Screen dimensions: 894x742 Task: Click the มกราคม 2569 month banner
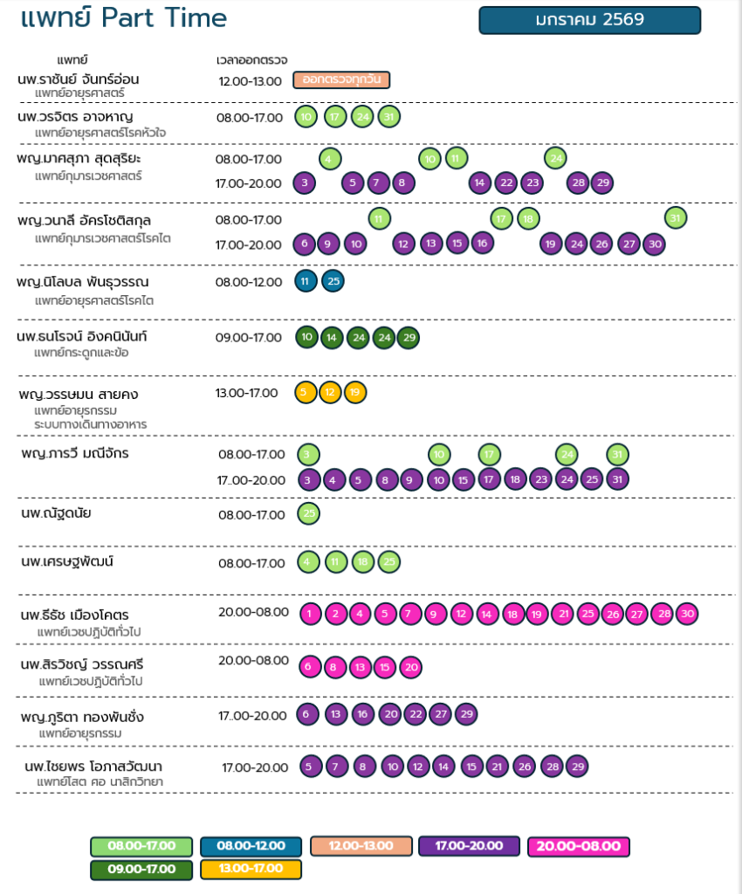[x=589, y=20]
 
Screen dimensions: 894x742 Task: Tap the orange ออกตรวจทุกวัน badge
[x=341, y=80]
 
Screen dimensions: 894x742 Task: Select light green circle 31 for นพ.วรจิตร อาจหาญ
[x=389, y=117]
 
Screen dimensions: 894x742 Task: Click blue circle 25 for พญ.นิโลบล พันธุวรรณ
[x=333, y=281]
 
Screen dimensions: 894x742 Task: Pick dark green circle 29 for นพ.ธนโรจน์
[x=408, y=337]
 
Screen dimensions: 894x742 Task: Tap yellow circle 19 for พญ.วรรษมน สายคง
[x=354, y=392]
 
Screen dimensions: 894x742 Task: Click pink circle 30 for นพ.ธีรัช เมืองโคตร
[x=687, y=614]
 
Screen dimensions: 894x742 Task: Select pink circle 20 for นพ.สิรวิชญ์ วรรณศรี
[x=412, y=667]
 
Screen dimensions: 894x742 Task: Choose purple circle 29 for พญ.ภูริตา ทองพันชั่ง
[x=466, y=714]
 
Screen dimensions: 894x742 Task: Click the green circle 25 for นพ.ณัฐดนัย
[x=309, y=513]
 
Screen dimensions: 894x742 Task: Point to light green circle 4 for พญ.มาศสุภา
[x=329, y=158]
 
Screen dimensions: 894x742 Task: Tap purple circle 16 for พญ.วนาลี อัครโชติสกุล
[x=481, y=244]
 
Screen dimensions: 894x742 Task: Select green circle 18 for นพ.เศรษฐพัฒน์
[x=362, y=561]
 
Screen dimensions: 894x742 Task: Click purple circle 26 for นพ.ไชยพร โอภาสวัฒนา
[x=523, y=767]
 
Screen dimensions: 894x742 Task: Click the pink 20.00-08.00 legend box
[x=578, y=846]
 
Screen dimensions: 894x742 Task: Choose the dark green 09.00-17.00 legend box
[x=141, y=869]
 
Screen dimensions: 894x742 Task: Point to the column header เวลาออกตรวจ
[x=251, y=60]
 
